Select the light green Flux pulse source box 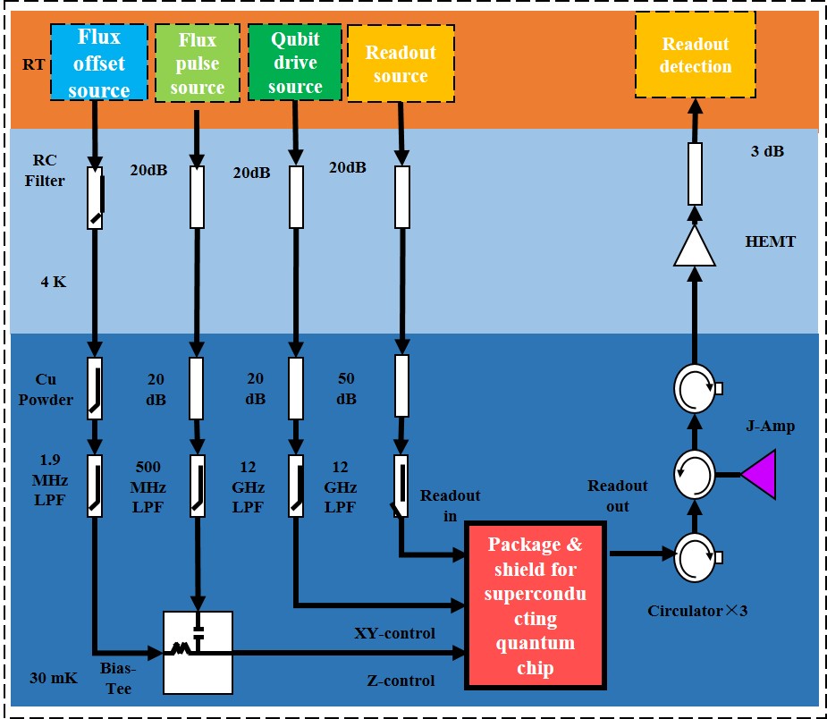[x=198, y=63]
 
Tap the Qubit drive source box [x=295, y=63]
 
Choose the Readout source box [x=401, y=63]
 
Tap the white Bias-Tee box [x=198, y=652]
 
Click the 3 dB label [x=766, y=152]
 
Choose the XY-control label [x=393, y=633]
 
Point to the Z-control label [x=401, y=681]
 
